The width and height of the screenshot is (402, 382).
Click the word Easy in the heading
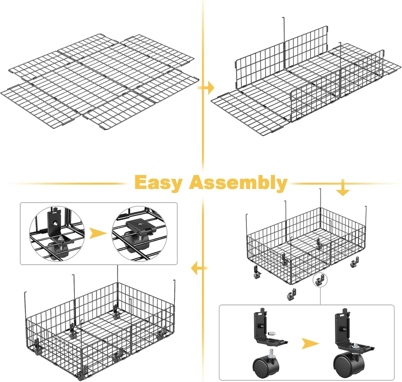[x=158, y=183]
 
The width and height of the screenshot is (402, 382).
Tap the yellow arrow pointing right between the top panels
[x=206, y=88]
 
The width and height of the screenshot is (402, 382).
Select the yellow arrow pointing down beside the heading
[x=343, y=188]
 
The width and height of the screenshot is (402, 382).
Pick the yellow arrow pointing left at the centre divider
[x=199, y=268]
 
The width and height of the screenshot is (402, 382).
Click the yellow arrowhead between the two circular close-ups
[x=98, y=233]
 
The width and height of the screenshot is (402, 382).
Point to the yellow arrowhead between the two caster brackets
[x=310, y=343]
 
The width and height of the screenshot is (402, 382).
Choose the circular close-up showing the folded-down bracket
[x=140, y=234]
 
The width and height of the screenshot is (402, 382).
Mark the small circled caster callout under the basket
[x=320, y=280]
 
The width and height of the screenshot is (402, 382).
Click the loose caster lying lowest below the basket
[x=291, y=295]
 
